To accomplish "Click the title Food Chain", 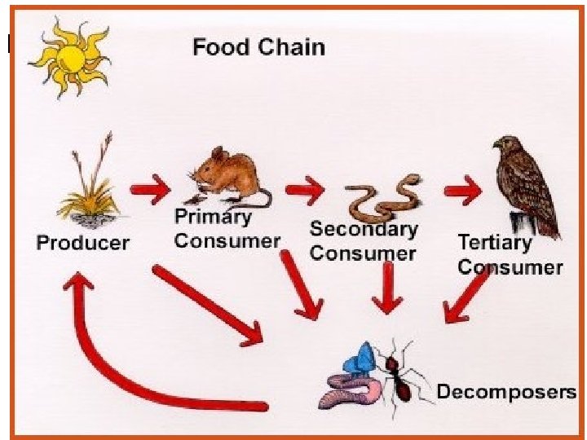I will [x=258, y=47].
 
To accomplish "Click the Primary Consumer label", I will [x=227, y=229].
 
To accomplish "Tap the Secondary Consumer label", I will [x=363, y=242].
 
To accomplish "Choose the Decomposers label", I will [x=505, y=392].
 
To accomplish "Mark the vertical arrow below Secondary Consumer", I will [x=387, y=289].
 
